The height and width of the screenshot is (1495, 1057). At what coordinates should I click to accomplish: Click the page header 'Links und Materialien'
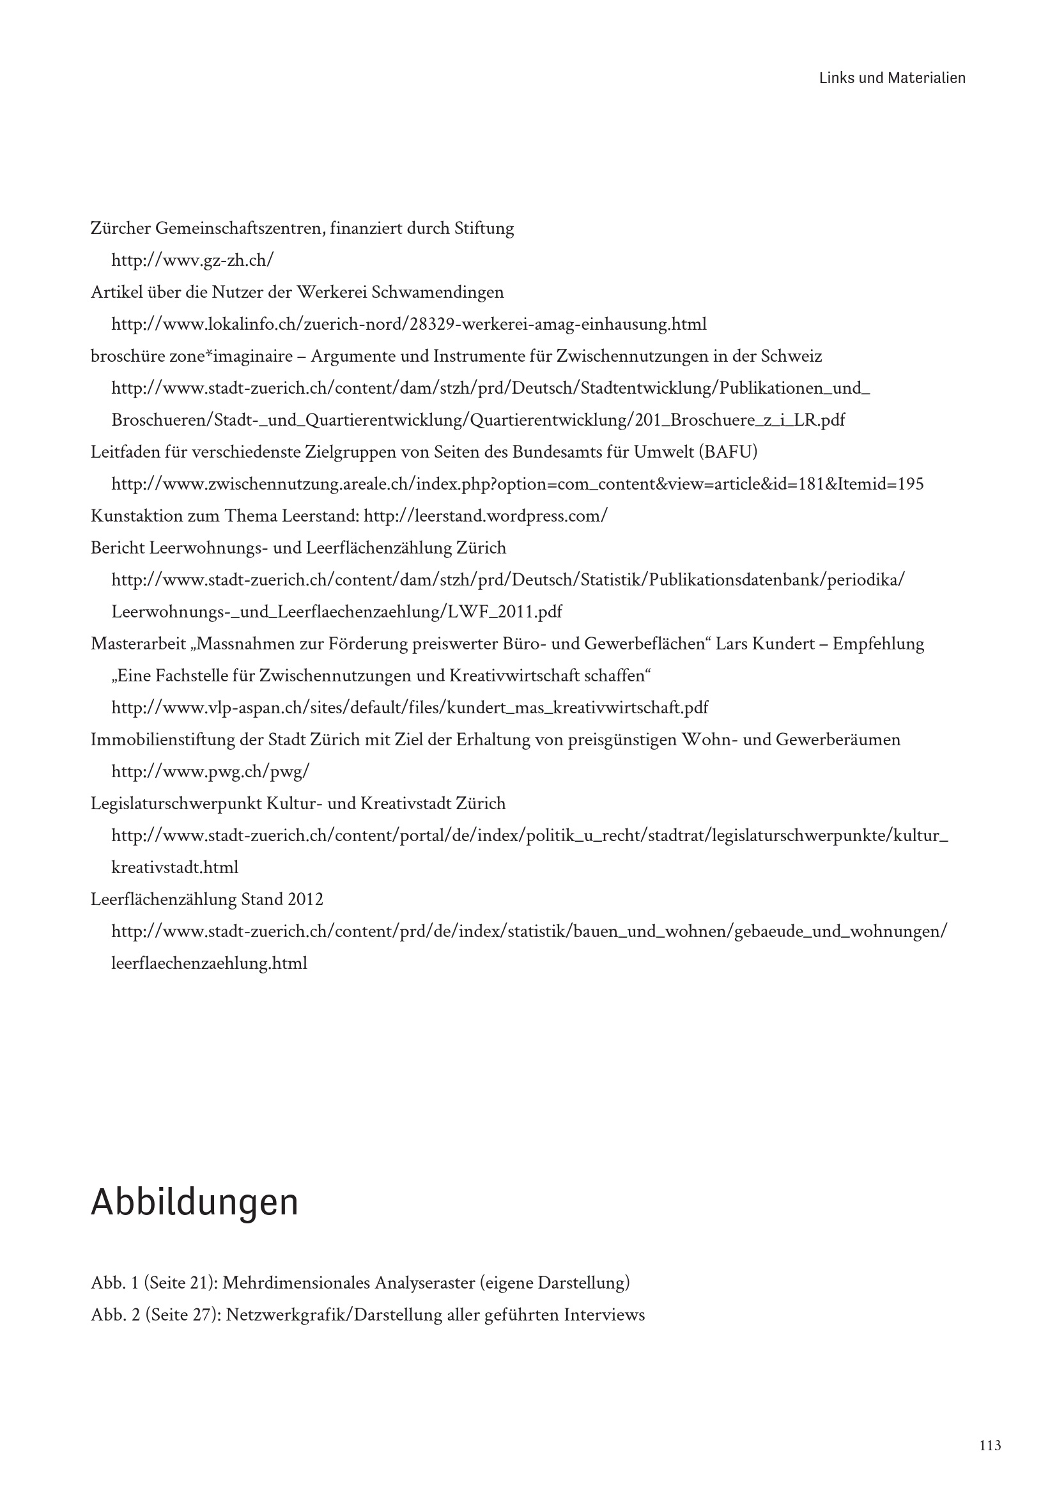pyautogui.click(x=891, y=78)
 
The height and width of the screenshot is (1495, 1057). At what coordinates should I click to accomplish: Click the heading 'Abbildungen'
pyautogui.click(x=194, y=1202)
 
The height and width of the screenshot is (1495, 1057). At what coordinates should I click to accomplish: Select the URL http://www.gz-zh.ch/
pyautogui.click(x=192, y=260)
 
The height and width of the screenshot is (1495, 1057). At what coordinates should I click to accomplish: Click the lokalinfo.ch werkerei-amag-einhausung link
pyautogui.click(x=409, y=324)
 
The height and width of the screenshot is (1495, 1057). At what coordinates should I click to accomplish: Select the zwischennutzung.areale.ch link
pyautogui.click(x=518, y=484)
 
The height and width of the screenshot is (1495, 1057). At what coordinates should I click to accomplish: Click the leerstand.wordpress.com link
pyautogui.click(x=486, y=516)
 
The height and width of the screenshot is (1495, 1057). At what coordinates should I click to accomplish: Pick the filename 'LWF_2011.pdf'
pyautogui.click(x=505, y=612)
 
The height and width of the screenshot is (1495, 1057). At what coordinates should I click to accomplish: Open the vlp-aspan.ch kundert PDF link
pyautogui.click(x=410, y=708)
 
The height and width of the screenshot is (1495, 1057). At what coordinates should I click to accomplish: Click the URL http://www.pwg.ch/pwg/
pyautogui.click(x=210, y=771)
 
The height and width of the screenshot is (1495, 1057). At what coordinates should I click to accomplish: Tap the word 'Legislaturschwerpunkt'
pyautogui.click(x=176, y=803)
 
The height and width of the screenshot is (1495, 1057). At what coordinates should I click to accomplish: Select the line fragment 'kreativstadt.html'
pyautogui.click(x=174, y=867)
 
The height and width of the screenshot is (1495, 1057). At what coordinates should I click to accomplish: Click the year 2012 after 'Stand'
pyautogui.click(x=305, y=899)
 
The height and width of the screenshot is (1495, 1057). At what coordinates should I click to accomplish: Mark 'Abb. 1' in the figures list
pyautogui.click(x=114, y=1283)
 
